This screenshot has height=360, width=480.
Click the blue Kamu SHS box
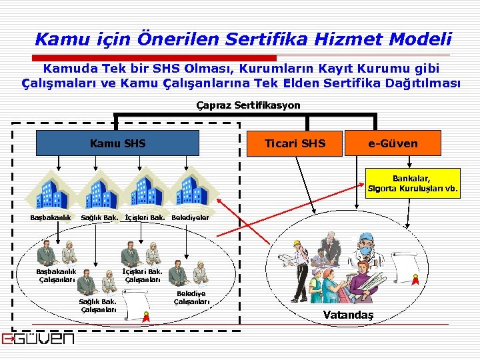click(x=117, y=143)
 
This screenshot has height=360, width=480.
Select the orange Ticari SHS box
click(x=295, y=143)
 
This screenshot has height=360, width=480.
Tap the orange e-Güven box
click(x=393, y=143)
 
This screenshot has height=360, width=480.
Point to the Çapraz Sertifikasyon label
click(x=249, y=105)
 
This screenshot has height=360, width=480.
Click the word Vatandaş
click(x=348, y=315)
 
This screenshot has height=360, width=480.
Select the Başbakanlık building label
click(x=50, y=218)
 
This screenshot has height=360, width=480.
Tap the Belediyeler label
click(x=190, y=218)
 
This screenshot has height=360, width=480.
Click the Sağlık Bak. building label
click(x=99, y=218)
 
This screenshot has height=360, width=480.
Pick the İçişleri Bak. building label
click(x=145, y=218)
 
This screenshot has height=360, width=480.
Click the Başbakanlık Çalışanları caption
click(x=56, y=275)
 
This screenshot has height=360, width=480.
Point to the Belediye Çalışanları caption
click(x=191, y=298)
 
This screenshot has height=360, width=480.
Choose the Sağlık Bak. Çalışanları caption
click(x=98, y=305)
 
